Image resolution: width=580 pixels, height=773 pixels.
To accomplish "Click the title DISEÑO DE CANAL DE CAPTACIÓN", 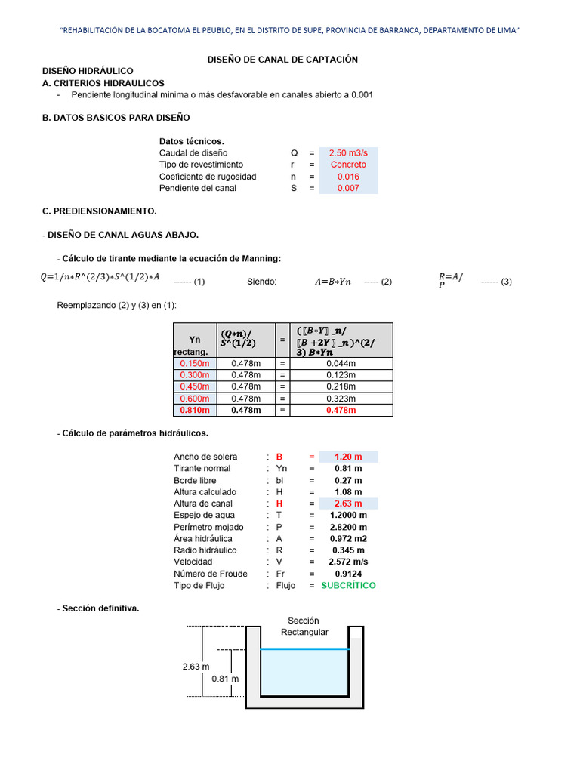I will pos(282,59).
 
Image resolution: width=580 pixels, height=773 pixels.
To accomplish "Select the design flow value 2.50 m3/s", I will pos(348,152).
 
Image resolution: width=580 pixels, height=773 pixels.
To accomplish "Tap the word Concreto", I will pos(348,165).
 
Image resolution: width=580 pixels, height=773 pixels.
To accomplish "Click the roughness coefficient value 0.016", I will pos(348,177).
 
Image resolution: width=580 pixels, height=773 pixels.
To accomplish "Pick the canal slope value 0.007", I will pos(348,188).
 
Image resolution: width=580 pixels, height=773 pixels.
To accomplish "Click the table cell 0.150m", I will pos(194,363).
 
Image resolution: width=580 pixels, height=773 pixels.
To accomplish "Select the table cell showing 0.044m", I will pos(341,363).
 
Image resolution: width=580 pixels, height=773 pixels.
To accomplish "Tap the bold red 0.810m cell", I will pos(194,410).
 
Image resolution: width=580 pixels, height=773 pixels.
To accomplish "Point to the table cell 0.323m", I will pos(341,399).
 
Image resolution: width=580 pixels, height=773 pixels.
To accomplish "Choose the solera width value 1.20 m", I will pos(348,457).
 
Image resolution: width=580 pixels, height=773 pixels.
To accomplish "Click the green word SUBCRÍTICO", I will pos(348,585).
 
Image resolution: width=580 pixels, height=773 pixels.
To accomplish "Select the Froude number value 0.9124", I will pos(348,574).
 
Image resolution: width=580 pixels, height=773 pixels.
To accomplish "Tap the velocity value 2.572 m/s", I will pos(348,562).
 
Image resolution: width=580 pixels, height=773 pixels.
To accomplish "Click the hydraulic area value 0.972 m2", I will pos(348,538).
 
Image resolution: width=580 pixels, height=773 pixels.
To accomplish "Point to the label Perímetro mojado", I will pos(208,527).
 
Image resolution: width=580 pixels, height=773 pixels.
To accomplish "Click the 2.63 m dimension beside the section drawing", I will pos(196,667).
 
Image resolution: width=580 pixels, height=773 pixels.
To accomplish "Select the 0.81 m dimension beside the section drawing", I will pos(225,679).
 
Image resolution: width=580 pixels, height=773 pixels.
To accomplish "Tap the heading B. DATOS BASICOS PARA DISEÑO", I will pos(116,118).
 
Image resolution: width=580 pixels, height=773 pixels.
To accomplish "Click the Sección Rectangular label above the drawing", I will pos(304,626).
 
